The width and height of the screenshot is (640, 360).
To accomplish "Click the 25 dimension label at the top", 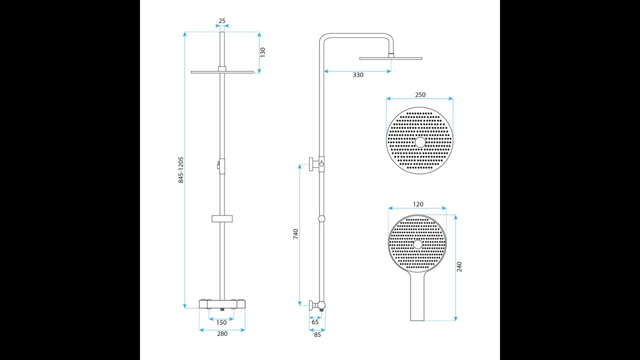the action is click(x=222, y=21).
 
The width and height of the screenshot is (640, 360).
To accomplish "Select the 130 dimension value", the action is click(x=263, y=52).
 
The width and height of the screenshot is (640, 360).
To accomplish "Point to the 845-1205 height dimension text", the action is click(x=181, y=170).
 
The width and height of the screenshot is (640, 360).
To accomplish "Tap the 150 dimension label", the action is click(x=221, y=322).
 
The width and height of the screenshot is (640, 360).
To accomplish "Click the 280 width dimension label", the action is click(x=222, y=333).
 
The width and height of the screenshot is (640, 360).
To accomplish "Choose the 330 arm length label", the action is click(x=358, y=75).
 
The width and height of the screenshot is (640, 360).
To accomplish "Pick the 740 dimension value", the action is click(x=295, y=234).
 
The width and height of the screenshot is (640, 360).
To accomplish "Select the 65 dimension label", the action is click(x=315, y=322).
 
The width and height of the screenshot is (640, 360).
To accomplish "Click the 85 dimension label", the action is click(x=317, y=335).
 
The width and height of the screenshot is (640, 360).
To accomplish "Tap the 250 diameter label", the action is click(x=420, y=94).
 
